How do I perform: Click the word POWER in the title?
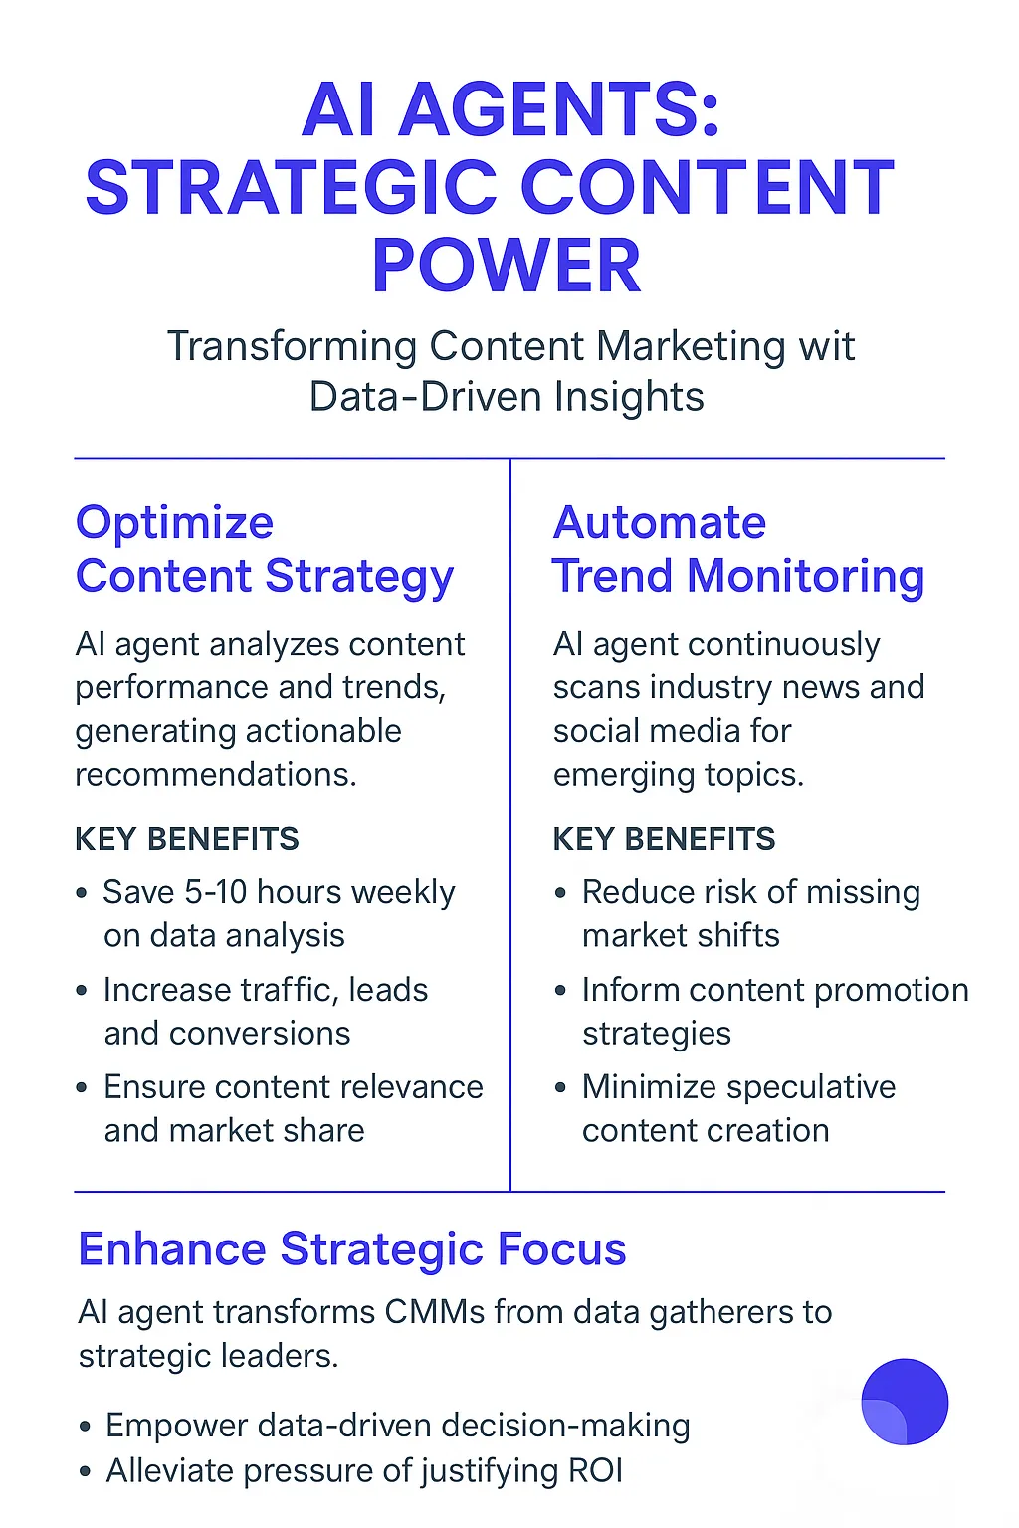506,266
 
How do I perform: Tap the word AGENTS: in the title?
558,109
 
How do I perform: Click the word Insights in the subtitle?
629,397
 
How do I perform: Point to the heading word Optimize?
175,524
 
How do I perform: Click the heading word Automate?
660,523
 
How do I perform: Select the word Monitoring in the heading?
805,577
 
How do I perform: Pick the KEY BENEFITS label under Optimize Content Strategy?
187,839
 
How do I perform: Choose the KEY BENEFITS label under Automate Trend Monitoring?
664,839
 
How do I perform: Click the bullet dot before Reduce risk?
561,893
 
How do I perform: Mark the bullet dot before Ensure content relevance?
82,1088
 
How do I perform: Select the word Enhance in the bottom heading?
172,1249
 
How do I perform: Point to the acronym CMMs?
435,1312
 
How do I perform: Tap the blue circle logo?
905,1402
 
